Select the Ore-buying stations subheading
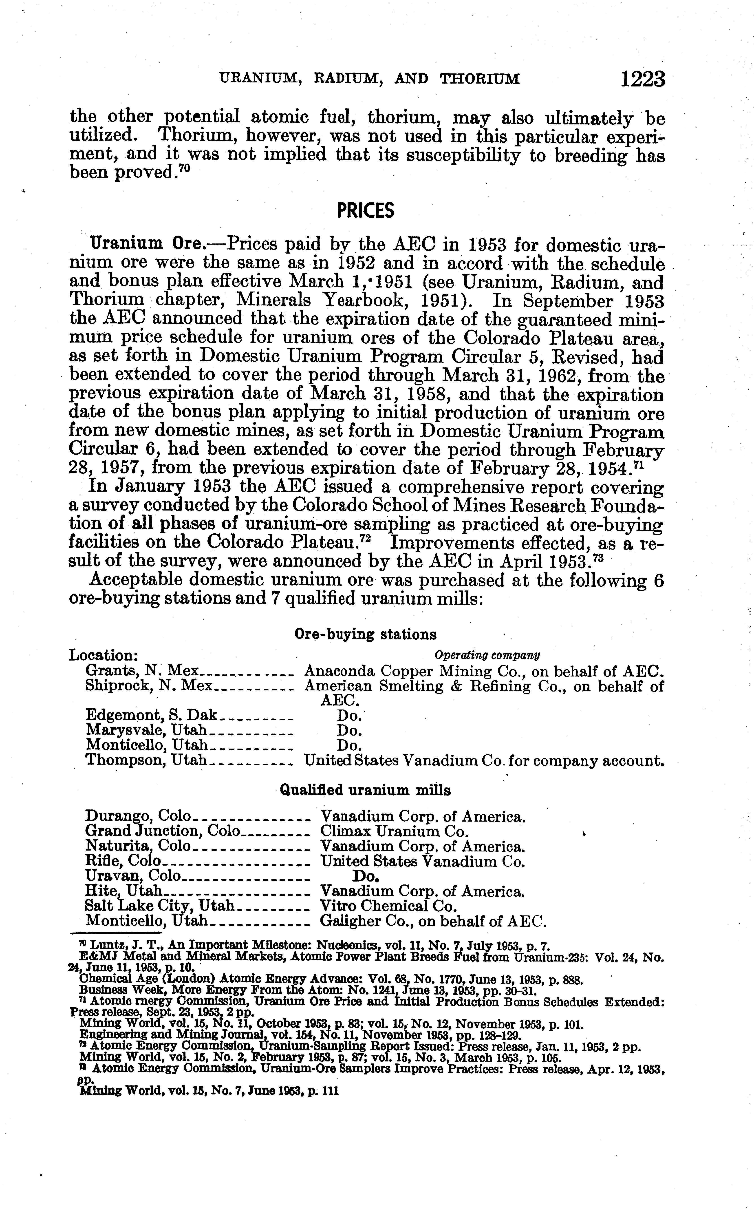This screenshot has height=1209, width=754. [366, 634]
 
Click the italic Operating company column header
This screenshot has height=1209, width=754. [487, 655]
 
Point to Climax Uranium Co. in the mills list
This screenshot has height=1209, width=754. [394, 831]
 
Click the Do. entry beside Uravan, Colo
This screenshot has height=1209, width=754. [367, 876]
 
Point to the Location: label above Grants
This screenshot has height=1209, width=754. [103, 655]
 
